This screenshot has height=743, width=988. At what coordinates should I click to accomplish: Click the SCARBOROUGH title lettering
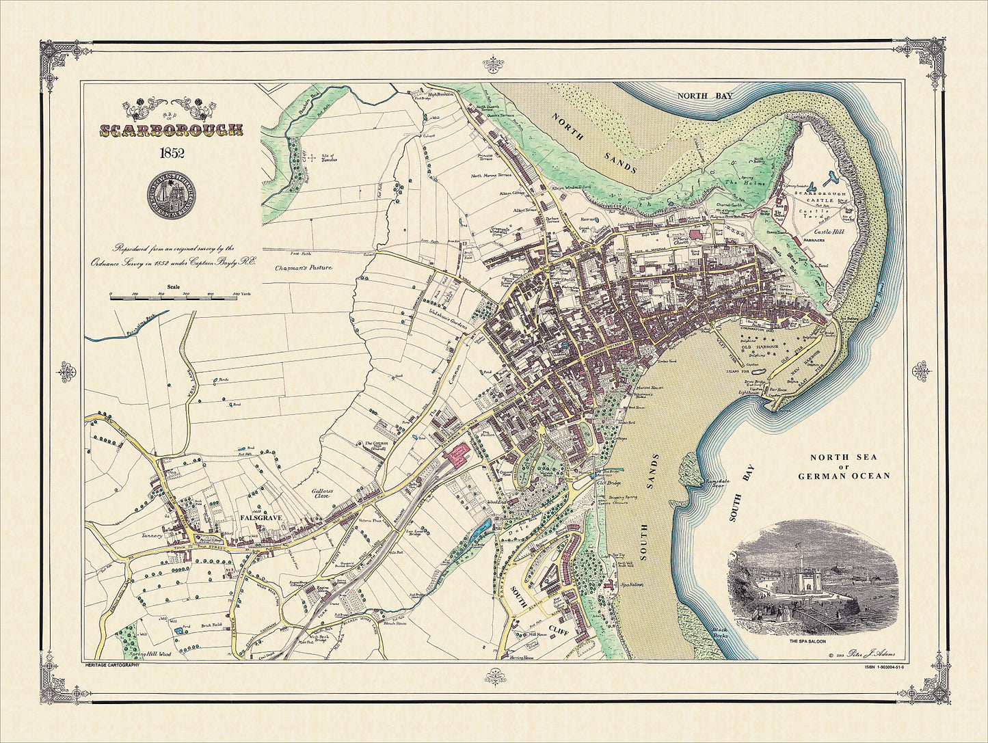click(x=172, y=130)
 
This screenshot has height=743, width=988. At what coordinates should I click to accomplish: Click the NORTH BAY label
click(x=704, y=96)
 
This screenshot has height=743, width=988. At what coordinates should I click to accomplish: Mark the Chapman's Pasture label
click(x=304, y=267)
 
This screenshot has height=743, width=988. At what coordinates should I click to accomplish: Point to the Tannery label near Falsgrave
click(x=152, y=536)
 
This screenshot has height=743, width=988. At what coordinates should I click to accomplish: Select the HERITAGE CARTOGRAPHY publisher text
click(x=112, y=665)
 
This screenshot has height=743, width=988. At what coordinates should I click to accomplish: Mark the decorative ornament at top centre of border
click(x=494, y=64)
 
